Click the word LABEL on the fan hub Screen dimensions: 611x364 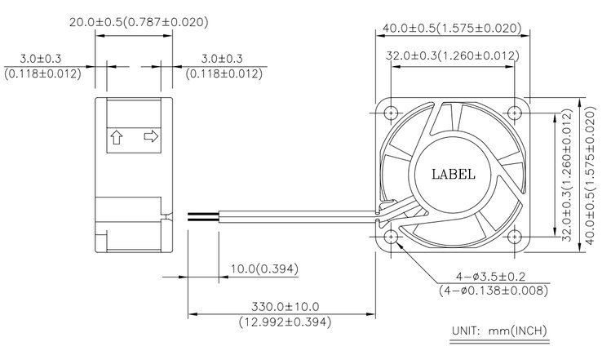pyautogui.click(x=454, y=174)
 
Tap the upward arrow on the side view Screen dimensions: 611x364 pyautogui.click(x=117, y=137)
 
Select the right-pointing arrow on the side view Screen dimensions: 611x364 pyautogui.click(x=151, y=136)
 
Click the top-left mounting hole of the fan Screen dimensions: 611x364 pyautogui.click(x=391, y=113)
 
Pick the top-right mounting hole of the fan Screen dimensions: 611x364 pyautogui.click(x=515, y=113)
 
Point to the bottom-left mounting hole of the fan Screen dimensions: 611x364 pyautogui.click(x=391, y=237)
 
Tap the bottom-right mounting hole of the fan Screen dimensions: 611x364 pyautogui.click(x=515, y=237)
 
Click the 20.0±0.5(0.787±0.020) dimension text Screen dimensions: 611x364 pyautogui.click(x=139, y=22)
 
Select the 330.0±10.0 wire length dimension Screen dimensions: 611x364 pyautogui.click(x=286, y=307)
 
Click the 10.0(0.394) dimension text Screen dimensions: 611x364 pyautogui.click(x=264, y=269)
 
